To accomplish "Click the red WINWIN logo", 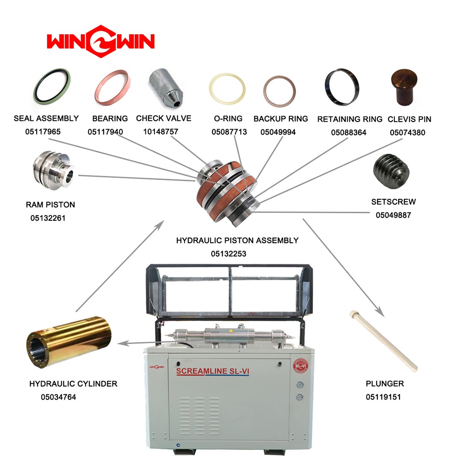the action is [101, 41].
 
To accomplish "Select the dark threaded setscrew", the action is [392, 171].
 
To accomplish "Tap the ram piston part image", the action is [54, 170].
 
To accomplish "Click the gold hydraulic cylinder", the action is [69, 342].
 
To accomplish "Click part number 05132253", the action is [228, 254].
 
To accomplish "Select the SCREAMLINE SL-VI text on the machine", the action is [213, 371].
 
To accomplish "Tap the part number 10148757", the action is [160, 132].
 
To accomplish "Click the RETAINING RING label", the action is [350, 119].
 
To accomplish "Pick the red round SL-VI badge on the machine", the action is [301, 366].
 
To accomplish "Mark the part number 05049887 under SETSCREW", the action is [393, 215].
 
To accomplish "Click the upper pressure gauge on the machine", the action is [300, 385].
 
